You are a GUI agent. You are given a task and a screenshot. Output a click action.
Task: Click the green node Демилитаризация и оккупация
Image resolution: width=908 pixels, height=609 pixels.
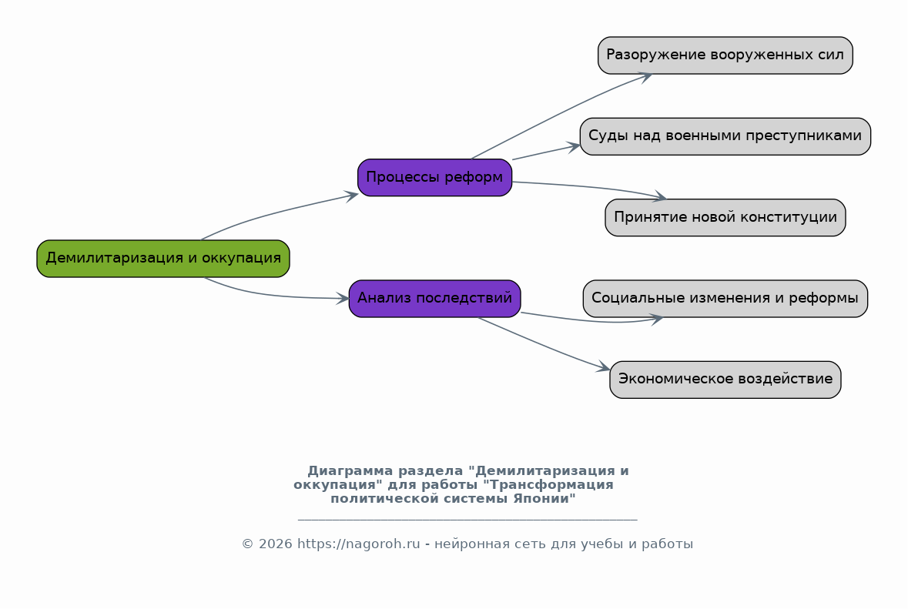coord(163,259)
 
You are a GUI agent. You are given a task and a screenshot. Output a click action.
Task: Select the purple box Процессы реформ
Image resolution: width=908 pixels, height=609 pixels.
coord(435,178)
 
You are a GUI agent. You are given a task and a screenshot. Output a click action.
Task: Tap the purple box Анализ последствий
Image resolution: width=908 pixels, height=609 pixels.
coord(435,299)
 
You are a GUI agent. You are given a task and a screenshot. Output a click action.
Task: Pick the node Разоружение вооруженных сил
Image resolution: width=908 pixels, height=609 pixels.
coord(725,55)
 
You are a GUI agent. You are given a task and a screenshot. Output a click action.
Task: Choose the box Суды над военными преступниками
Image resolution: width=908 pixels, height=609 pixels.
coord(725,136)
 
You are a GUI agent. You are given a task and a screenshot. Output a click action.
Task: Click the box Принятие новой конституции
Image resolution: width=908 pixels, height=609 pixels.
coord(725,218)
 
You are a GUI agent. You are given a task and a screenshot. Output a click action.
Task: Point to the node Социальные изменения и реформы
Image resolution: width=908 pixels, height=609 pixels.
coord(725,299)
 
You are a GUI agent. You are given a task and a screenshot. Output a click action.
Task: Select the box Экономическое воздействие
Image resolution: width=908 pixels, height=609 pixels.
coord(725,380)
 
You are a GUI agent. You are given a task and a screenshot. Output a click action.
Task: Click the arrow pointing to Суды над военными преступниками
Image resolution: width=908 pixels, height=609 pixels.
coord(546,152)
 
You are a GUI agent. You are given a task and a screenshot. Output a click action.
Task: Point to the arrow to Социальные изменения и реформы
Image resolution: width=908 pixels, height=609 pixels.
coord(591,320)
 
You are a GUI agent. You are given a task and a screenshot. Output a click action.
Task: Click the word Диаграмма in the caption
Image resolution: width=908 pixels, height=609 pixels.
coord(350,471)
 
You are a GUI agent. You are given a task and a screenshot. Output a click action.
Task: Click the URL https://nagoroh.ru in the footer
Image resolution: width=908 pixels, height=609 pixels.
coord(358,544)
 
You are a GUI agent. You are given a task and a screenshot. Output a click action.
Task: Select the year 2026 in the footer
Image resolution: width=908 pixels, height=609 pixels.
coord(275,544)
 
